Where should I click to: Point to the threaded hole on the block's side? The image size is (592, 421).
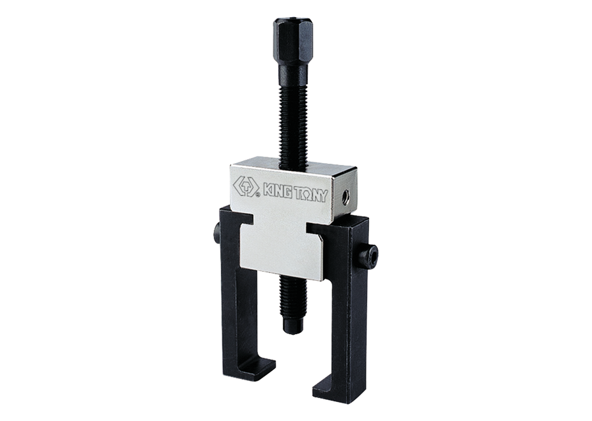pos(345,196)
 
